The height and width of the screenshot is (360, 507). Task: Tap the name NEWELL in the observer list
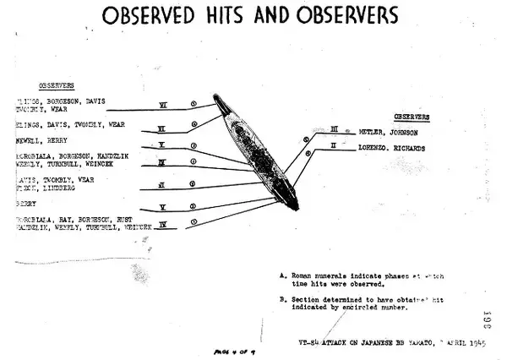28,141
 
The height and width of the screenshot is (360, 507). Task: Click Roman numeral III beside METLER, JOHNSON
334,129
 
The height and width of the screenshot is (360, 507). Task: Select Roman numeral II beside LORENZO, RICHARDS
335,145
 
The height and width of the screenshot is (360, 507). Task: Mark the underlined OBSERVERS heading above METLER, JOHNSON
412,116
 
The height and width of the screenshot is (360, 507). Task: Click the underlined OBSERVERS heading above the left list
57,85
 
